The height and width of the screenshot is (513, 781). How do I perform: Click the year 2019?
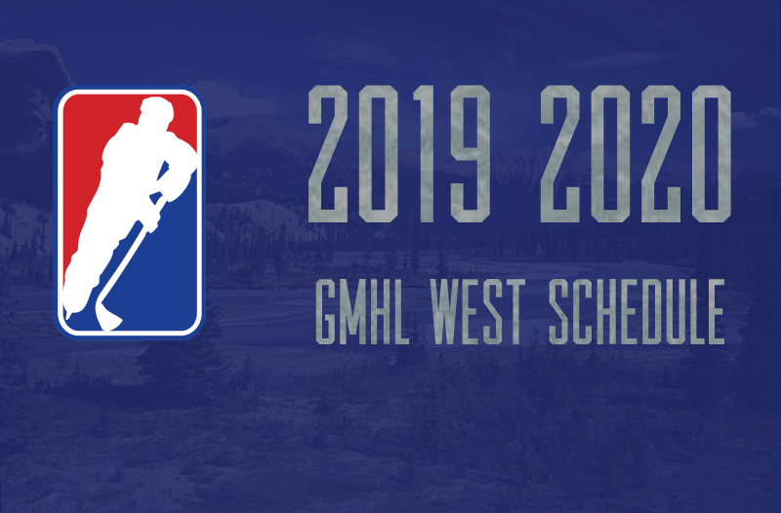pyautogui.click(x=399, y=154)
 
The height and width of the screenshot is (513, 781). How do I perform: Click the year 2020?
pyautogui.click(x=637, y=154)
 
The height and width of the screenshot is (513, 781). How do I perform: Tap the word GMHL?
pyautogui.click(x=362, y=311)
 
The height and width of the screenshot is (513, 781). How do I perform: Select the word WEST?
pyautogui.click(x=476, y=311)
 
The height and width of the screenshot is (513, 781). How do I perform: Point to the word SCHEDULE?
pyautogui.click(x=637, y=311)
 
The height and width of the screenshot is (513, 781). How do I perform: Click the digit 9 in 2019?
pyautogui.click(x=471, y=154)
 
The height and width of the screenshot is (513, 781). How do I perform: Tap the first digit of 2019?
pyautogui.click(x=328, y=154)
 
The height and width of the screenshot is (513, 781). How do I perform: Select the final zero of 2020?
pyautogui.click(x=712, y=154)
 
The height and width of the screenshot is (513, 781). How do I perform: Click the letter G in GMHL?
pyautogui.click(x=326, y=311)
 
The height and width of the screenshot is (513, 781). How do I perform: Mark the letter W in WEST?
pyautogui.click(x=445, y=311)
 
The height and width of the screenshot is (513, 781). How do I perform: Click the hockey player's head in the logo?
pyautogui.click(x=156, y=111)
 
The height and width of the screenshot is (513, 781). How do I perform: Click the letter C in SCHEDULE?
pyautogui.click(x=581, y=311)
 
